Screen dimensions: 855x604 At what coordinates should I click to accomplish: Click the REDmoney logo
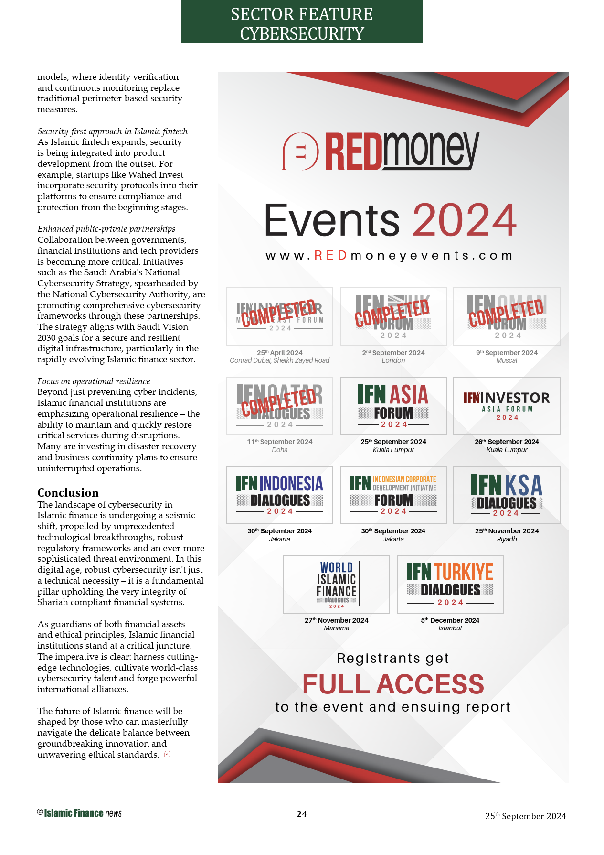coord(381,151)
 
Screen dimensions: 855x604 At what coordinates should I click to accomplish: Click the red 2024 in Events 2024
coord(464,220)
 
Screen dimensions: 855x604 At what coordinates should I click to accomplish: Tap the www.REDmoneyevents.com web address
coord(389,256)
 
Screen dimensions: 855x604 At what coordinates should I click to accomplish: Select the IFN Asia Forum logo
coord(393,406)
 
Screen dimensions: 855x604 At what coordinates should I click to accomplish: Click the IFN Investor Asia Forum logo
coord(507,406)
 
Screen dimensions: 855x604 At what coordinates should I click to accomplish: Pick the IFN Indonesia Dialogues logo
coord(280,495)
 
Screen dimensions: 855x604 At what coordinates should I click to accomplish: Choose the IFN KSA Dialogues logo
coord(507,495)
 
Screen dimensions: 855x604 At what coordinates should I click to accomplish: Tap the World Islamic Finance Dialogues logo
coord(337,584)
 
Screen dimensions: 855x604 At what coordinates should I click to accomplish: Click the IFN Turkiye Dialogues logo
coord(450,584)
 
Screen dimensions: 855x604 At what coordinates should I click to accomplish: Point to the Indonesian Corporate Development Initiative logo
coord(393,495)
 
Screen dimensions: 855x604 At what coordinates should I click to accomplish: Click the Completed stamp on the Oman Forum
coord(506,313)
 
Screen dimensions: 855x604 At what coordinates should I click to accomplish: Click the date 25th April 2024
coord(280,353)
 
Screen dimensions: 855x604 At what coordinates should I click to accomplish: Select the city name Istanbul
coord(450,628)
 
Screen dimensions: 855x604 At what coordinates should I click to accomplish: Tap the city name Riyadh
coord(507,539)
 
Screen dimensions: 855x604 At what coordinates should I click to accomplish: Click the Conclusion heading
coord(68,493)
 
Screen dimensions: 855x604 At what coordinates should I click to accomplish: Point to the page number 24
coord(302,814)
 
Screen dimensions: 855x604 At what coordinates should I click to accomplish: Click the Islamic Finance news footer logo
coord(80,813)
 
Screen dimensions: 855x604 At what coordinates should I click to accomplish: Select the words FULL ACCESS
coord(393,684)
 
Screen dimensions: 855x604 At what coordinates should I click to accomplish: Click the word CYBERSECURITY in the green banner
coord(302,34)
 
